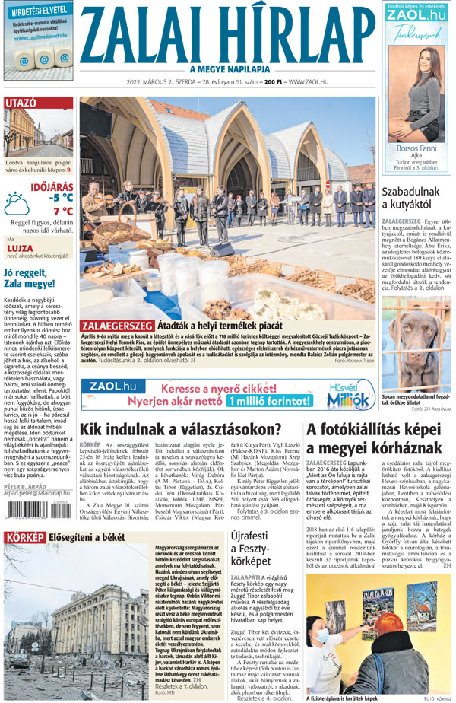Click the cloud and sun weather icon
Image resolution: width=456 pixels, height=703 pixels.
click(17, 204)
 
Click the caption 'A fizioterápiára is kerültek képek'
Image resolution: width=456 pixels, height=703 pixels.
click(343, 697)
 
